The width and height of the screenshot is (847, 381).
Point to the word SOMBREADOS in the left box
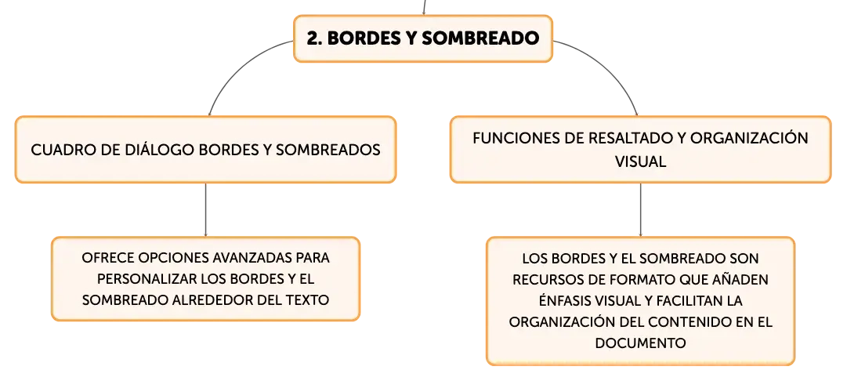click(x=328, y=150)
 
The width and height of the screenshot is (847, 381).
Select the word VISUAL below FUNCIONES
click(x=640, y=161)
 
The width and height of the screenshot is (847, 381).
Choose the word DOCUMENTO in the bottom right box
click(x=641, y=343)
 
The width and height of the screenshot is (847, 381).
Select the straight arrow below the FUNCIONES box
click(x=641, y=209)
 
